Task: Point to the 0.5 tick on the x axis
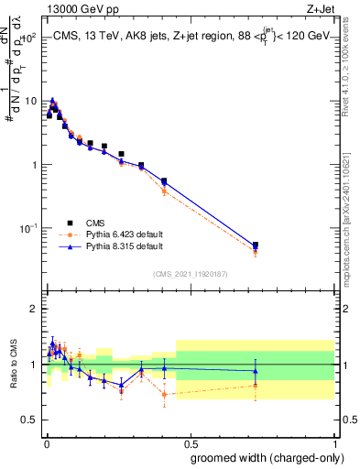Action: (x=190, y=438)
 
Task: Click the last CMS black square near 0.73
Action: (x=256, y=245)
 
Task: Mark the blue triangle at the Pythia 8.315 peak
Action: (x=53, y=101)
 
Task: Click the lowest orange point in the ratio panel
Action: (x=164, y=395)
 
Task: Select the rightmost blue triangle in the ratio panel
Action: (x=256, y=371)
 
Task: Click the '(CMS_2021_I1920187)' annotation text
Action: (x=190, y=273)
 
